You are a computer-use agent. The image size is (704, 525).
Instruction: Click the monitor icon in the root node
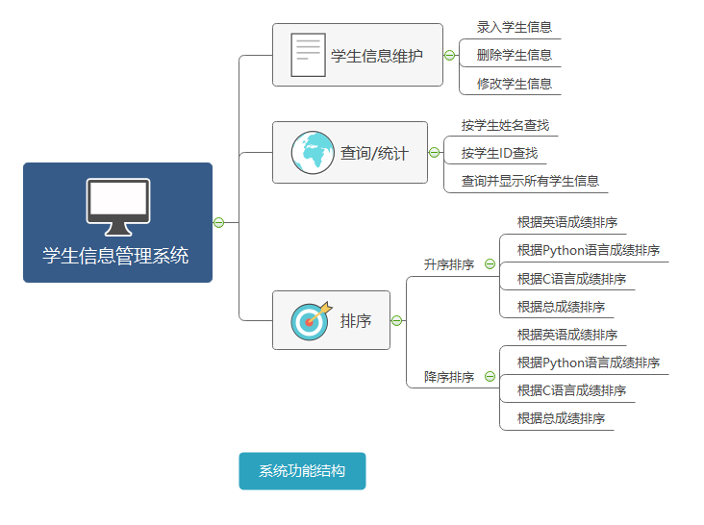click(x=118, y=206)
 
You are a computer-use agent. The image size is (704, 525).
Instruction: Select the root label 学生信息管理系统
click(x=115, y=256)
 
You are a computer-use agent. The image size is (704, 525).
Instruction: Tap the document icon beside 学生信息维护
click(x=308, y=55)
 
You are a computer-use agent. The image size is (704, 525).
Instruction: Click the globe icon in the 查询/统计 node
click(x=313, y=152)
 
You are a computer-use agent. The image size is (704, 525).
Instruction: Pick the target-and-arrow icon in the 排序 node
click(x=311, y=320)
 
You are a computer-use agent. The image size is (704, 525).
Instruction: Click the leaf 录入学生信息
click(x=515, y=27)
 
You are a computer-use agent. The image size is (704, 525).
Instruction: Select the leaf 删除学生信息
click(x=515, y=55)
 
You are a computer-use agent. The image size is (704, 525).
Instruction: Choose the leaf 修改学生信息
click(x=515, y=84)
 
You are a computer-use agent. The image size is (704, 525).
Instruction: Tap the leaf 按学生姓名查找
click(x=505, y=125)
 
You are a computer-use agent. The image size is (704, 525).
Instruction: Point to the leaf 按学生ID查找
click(x=499, y=153)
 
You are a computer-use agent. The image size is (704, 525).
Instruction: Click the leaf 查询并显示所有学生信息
click(x=530, y=181)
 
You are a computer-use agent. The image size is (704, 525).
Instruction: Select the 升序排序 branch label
click(x=449, y=264)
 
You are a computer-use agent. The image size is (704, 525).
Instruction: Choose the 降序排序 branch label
click(x=449, y=377)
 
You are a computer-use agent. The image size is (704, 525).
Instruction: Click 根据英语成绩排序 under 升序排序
click(x=567, y=222)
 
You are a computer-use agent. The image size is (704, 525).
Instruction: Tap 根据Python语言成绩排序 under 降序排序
click(x=589, y=362)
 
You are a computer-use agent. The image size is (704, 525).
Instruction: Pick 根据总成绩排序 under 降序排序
click(x=561, y=418)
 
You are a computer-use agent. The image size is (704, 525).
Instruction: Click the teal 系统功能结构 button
click(x=302, y=471)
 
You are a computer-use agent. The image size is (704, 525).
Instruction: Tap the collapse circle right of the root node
click(x=218, y=223)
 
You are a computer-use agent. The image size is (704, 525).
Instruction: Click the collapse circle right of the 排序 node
click(x=397, y=320)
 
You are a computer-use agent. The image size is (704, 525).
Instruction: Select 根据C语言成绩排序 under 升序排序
click(x=571, y=279)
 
